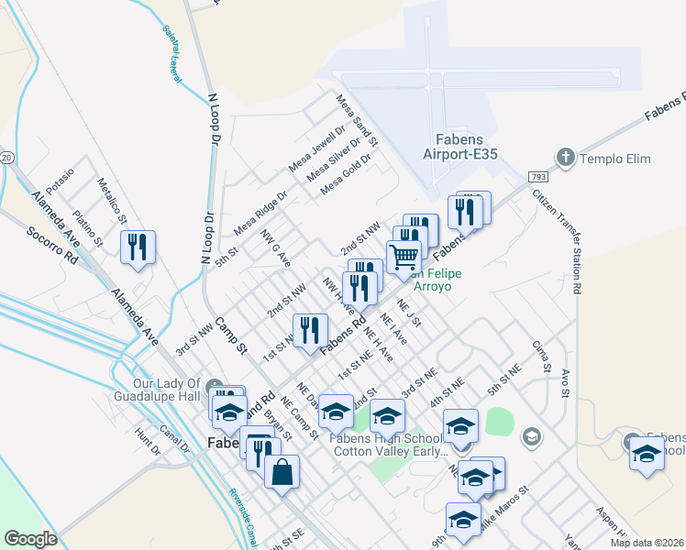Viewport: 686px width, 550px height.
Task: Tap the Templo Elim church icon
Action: pos(566,159)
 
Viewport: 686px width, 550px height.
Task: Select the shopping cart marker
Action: pos(404,257)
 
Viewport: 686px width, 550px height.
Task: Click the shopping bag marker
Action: pos(282,472)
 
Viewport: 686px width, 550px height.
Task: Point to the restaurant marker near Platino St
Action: pos(138,247)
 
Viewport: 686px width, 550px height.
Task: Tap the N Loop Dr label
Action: pos(215,119)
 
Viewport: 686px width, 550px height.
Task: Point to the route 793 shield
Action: pos(537,175)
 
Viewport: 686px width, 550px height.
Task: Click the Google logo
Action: pos(30,539)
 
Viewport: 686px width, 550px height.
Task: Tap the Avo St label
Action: pos(565,379)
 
